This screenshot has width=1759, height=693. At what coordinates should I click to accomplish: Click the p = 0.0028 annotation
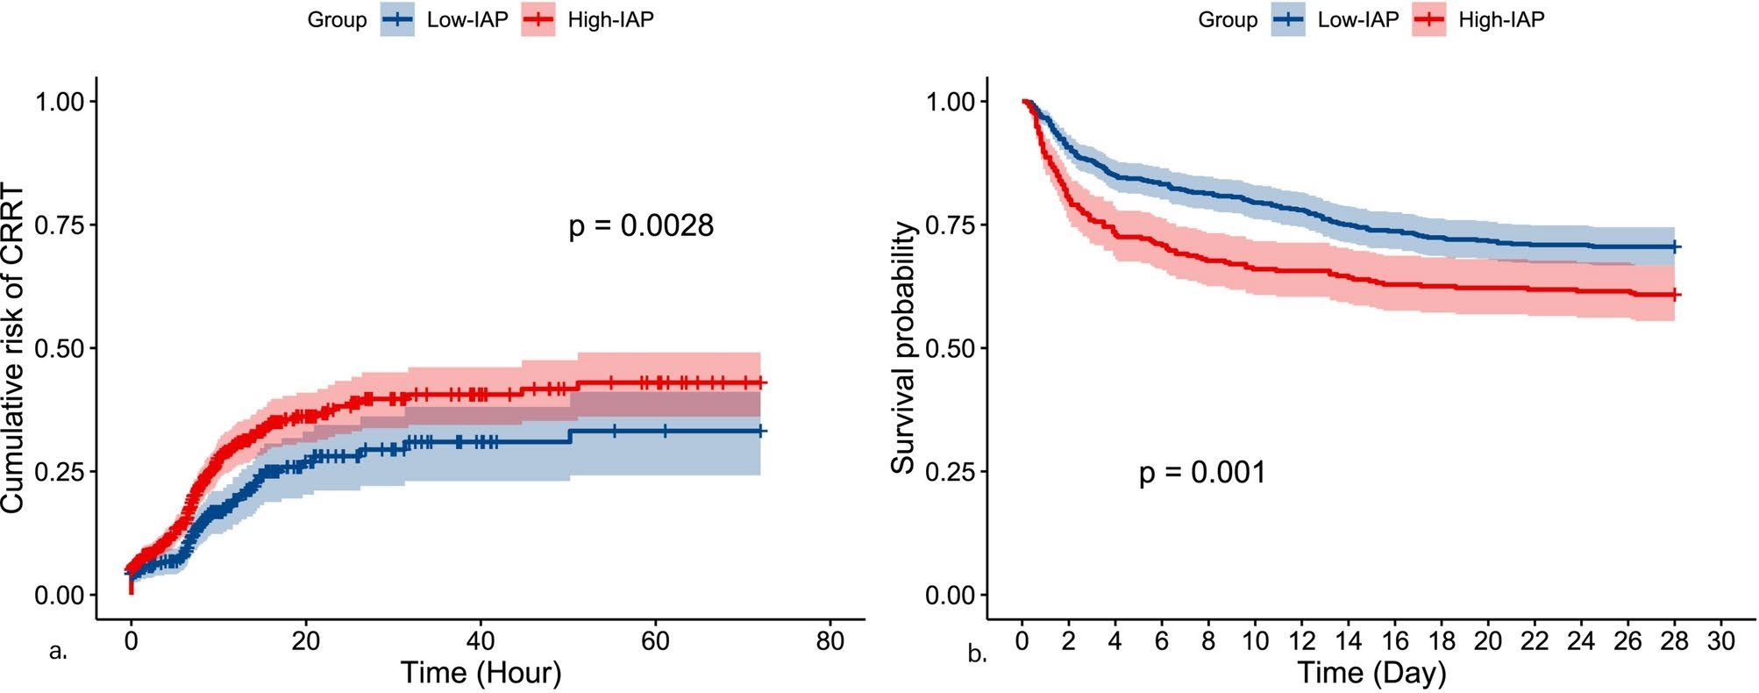(641, 226)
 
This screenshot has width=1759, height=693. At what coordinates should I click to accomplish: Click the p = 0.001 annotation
(1202, 473)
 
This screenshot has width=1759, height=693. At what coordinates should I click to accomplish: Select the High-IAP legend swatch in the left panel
(538, 20)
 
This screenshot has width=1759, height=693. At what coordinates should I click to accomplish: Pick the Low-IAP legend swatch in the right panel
(1288, 20)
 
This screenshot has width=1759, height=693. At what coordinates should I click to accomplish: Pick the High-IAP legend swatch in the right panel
(1428, 20)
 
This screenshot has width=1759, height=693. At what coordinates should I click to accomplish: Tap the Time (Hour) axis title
(481, 673)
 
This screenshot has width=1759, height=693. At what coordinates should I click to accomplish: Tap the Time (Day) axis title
(1371, 673)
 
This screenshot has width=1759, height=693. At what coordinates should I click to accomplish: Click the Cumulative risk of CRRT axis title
(12, 347)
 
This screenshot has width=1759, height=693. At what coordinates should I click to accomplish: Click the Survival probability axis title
(903, 347)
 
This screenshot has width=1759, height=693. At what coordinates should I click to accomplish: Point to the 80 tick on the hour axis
(830, 641)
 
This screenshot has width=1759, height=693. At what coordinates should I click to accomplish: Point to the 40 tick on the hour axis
(481, 641)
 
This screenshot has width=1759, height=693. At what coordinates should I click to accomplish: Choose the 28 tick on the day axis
(1674, 641)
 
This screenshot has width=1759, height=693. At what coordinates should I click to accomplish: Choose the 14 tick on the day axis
(1348, 641)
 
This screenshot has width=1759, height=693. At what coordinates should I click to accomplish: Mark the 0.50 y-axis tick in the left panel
(60, 348)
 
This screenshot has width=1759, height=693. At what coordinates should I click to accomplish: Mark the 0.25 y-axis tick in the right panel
(951, 472)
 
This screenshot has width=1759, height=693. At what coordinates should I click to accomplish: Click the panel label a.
(58, 652)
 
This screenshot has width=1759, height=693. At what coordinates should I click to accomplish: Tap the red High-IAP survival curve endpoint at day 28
(1674, 295)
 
